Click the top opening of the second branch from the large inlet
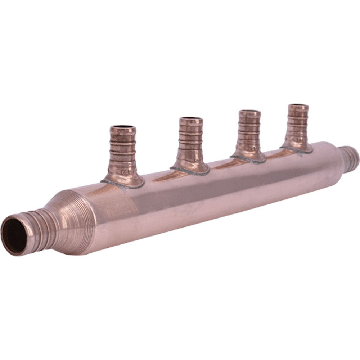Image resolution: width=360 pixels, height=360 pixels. [191, 119]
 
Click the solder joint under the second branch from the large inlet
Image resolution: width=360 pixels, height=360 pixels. [190, 172]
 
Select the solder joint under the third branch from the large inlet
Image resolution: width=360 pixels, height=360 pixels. [248, 161]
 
